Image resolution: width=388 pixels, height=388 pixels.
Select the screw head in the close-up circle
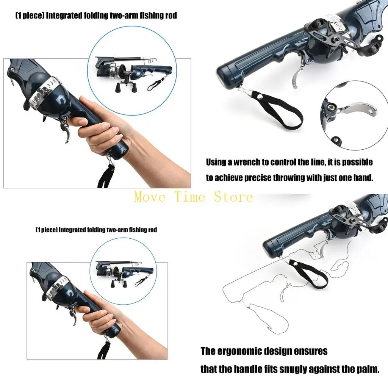point(330,108)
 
